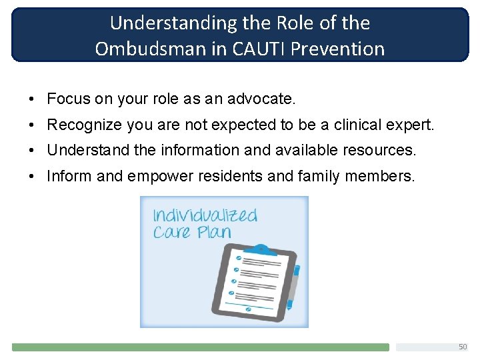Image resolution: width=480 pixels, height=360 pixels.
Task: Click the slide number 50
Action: (x=463, y=347)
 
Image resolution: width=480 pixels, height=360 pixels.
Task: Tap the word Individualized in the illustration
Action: (x=205, y=215)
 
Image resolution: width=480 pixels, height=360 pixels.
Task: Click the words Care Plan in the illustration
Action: (x=192, y=232)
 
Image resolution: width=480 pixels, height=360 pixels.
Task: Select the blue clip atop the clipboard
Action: (x=263, y=251)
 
